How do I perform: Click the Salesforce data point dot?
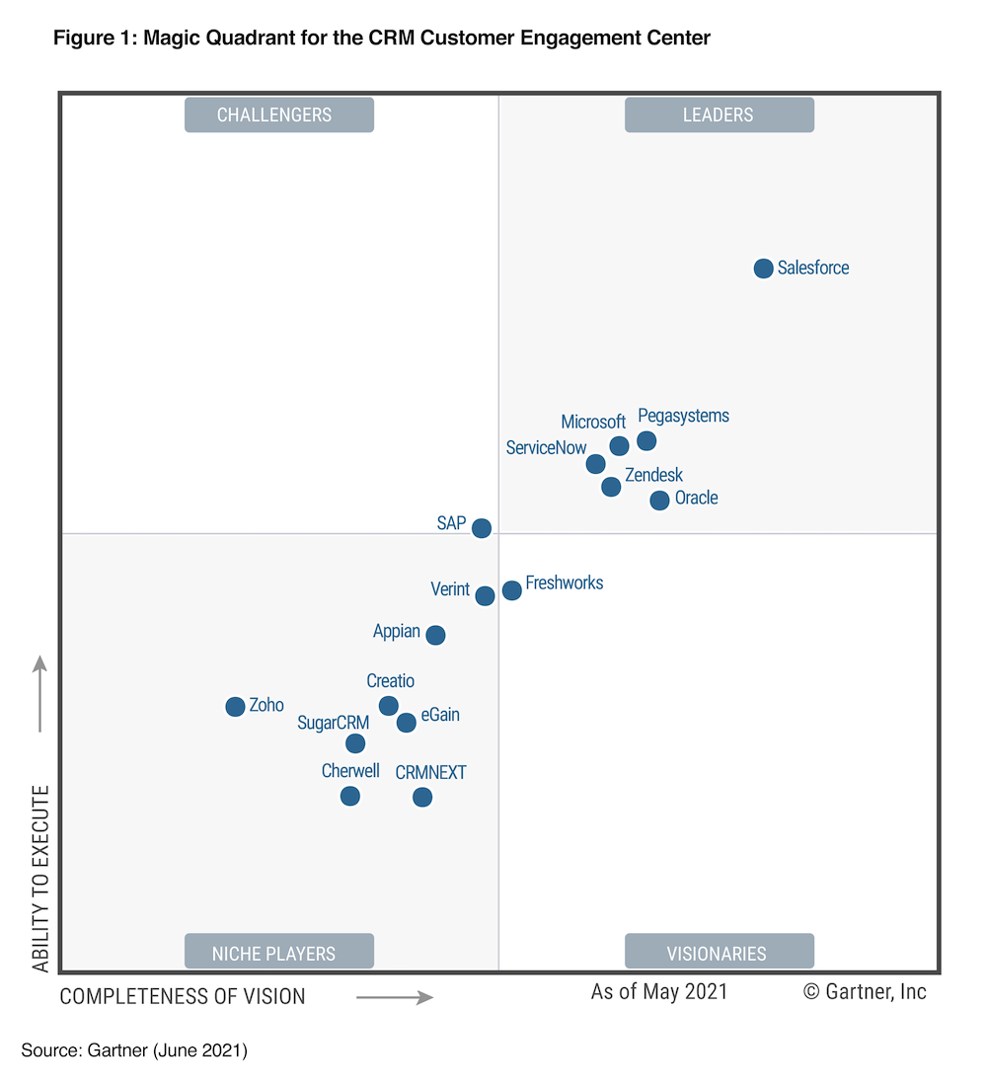tap(763, 269)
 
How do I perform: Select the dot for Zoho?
tap(235, 707)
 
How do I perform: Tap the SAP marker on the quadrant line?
tap(481, 528)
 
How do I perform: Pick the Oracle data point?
tap(659, 501)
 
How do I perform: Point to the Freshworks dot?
tap(511, 590)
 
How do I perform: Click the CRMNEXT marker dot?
tap(422, 797)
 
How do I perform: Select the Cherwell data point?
tap(350, 796)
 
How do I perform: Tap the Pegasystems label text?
tap(683, 416)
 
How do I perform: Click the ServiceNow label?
tap(546, 448)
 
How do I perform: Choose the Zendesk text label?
tap(653, 475)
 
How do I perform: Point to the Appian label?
tap(397, 632)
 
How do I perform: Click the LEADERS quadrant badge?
tap(719, 115)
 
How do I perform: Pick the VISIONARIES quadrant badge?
tap(719, 953)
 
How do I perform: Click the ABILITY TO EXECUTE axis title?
tap(40, 879)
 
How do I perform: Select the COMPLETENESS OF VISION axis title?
tap(183, 997)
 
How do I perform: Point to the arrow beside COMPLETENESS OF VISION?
tap(395, 997)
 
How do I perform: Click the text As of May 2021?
tap(658, 991)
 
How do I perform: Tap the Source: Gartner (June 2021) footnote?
tap(134, 1050)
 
